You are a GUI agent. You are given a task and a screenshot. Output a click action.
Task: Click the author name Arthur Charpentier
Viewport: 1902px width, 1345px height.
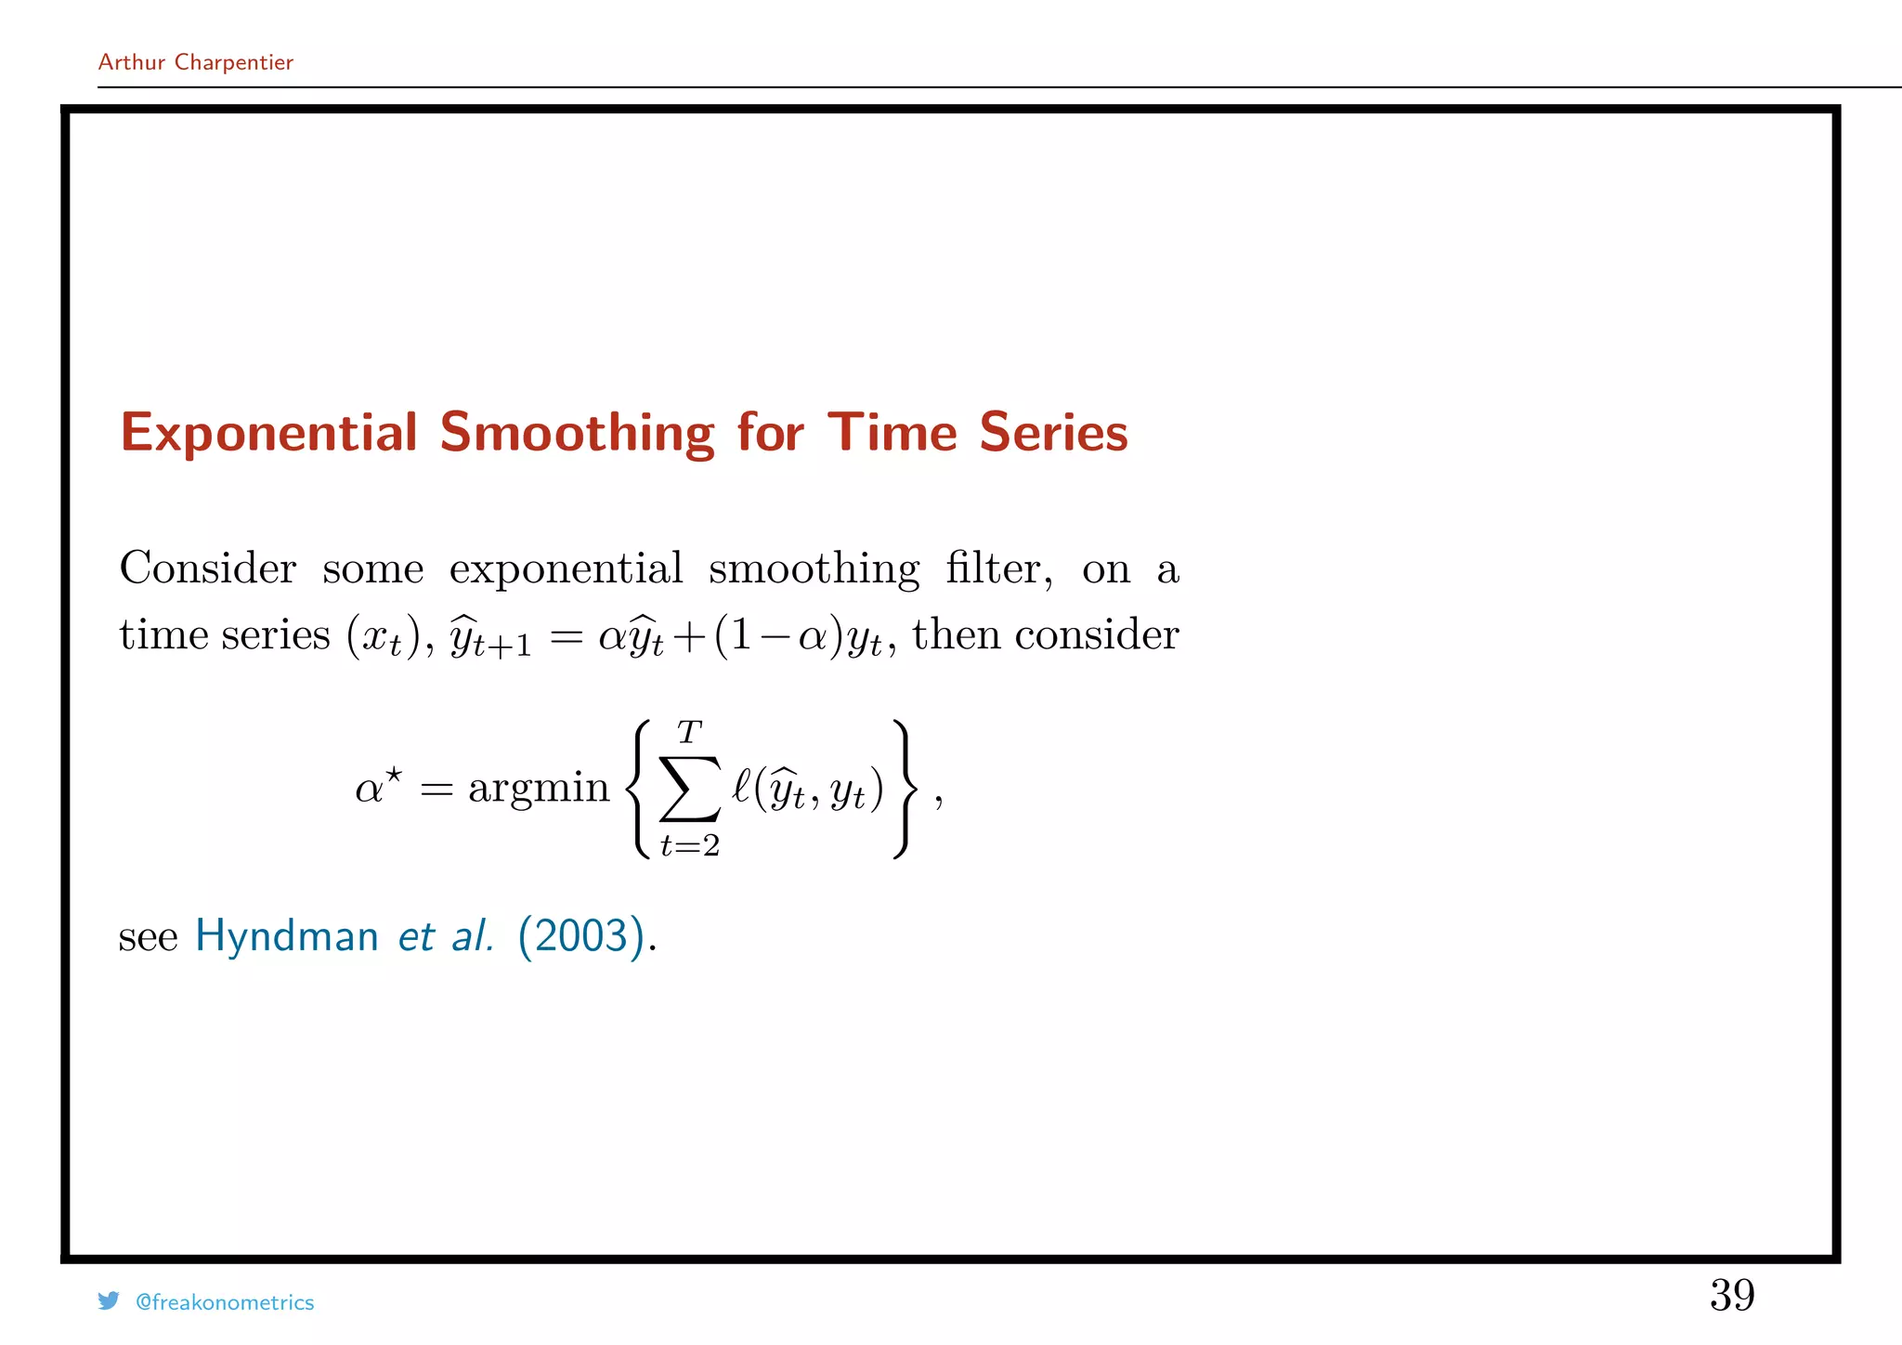click(x=195, y=62)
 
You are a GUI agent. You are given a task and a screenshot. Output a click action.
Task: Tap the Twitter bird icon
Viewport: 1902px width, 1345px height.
click(x=109, y=1301)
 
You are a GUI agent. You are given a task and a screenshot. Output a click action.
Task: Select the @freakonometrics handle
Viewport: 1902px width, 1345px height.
click(x=225, y=1302)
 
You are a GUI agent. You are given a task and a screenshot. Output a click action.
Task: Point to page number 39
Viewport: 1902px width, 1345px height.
click(x=1732, y=1295)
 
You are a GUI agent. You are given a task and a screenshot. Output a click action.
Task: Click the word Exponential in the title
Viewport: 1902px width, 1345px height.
click(x=269, y=433)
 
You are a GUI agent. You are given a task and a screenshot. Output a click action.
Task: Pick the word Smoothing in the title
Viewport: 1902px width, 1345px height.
click(x=577, y=433)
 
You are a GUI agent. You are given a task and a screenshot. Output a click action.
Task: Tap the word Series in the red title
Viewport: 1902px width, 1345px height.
click(x=1053, y=433)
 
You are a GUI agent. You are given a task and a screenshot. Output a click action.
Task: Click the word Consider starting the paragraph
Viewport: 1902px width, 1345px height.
click(x=208, y=568)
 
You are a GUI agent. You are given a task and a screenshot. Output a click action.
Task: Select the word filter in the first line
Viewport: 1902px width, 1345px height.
click(x=998, y=568)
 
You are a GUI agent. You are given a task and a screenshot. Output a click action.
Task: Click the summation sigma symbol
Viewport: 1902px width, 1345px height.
click(x=690, y=789)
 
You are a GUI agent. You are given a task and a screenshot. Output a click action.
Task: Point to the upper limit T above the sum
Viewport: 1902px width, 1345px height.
click(x=689, y=733)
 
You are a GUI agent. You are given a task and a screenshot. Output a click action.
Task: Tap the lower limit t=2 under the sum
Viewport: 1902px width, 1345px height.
click(x=690, y=845)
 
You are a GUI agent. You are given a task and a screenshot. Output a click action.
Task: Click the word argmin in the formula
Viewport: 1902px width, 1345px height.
click(x=539, y=789)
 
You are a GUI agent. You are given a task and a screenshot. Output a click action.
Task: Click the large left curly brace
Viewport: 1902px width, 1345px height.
click(x=638, y=789)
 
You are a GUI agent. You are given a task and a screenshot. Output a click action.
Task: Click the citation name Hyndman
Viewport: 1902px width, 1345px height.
click(x=286, y=936)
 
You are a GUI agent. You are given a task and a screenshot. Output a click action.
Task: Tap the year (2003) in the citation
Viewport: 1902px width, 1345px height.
click(x=581, y=936)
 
